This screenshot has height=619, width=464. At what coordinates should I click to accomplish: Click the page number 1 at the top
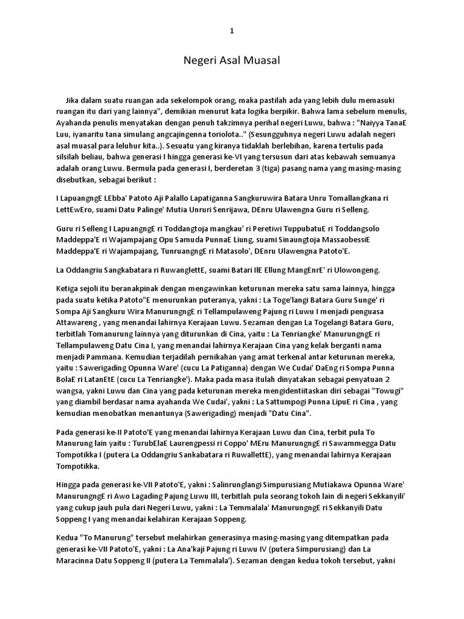[231, 31]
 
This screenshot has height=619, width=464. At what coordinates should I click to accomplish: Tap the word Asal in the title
[227, 60]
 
